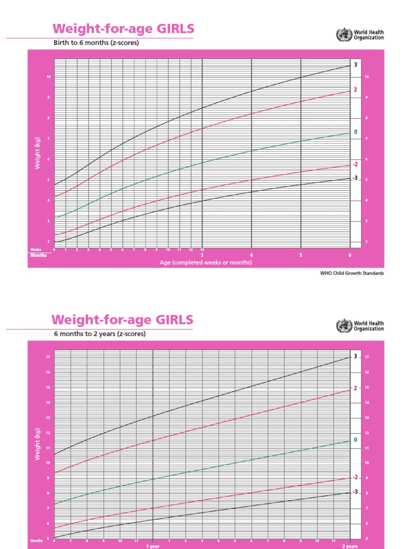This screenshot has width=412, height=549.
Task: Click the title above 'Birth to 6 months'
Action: pyautogui.click(x=122, y=29)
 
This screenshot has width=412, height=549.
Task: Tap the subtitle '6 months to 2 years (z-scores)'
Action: pyautogui.click(x=99, y=333)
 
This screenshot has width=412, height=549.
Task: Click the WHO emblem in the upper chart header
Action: pyautogui.click(x=341, y=35)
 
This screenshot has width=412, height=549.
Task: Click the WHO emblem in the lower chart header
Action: pyautogui.click(x=341, y=325)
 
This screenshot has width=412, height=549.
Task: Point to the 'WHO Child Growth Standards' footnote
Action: pyautogui.click(x=352, y=273)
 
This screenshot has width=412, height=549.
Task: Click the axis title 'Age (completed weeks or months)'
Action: pyautogui.click(x=205, y=263)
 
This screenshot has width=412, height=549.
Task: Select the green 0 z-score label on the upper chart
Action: pyautogui.click(x=355, y=132)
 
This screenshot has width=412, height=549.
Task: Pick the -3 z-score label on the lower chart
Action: pyautogui.click(x=355, y=492)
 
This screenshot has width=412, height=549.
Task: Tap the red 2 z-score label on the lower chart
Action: pyautogui.click(x=355, y=388)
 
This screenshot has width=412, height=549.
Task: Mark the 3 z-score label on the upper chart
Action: pyautogui.click(x=355, y=65)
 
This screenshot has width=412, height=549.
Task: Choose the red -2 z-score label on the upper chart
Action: pyautogui.click(x=355, y=164)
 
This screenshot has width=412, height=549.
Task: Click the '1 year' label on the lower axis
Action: pyautogui.click(x=153, y=546)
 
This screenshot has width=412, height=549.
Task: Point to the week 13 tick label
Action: pyautogui.click(x=202, y=250)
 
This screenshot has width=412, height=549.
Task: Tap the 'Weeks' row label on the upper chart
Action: pyautogui.click(x=36, y=250)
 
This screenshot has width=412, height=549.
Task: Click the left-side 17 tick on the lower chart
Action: pyautogui.click(x=48, y=357)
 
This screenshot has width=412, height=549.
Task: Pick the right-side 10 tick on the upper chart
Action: pyautogui.click(x=366, y=77)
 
